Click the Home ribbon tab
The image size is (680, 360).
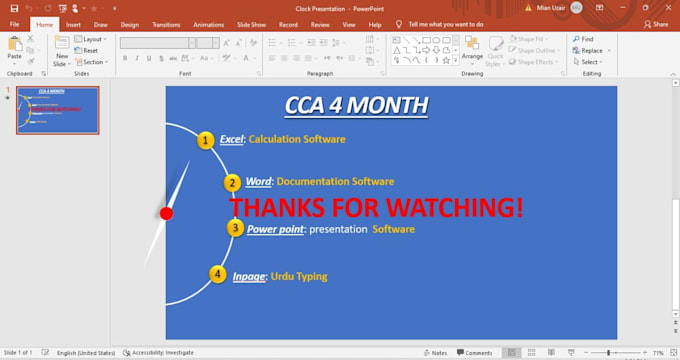(45, 24)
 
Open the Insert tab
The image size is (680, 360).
(73, 24)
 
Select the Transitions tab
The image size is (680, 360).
(166, 24)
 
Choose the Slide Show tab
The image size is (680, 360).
(251, 24)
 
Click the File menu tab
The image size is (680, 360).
(15, 24)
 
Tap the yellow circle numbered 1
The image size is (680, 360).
(205, 140)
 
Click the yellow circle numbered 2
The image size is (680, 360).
(232, 182)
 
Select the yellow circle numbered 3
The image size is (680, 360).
(234, 228)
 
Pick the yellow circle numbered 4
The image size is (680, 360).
(218, 274)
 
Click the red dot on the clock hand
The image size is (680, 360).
(167, 213)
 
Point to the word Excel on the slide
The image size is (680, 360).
(232, 140)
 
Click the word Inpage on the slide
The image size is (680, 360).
(249, 276)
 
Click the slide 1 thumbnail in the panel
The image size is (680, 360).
(57, 110)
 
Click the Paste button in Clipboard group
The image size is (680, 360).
(14, 50)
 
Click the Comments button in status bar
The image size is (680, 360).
(474, 353)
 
